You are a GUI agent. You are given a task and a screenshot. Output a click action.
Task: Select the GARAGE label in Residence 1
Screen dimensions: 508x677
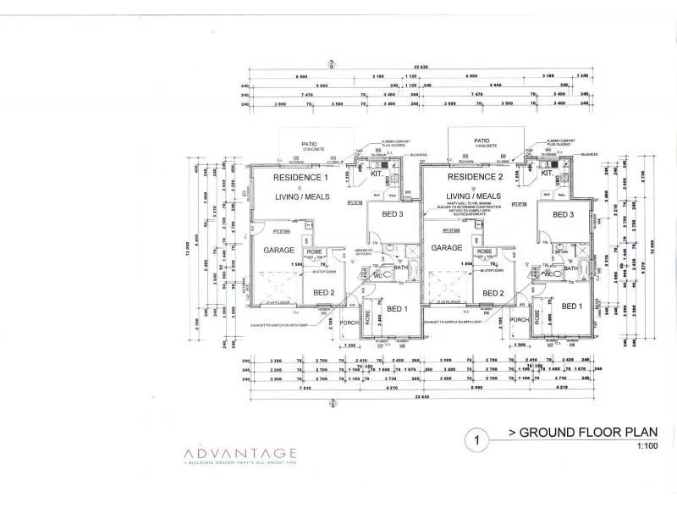tap(278, 251)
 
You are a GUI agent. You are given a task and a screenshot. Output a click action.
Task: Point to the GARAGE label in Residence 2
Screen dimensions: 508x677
tap(447, 247)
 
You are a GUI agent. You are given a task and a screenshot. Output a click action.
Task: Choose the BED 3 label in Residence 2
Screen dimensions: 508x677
tap(563, 214)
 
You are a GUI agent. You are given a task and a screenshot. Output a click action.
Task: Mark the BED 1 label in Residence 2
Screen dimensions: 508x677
tap(573, 306)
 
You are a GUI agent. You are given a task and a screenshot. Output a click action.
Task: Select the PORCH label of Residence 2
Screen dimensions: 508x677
tap(520, 320)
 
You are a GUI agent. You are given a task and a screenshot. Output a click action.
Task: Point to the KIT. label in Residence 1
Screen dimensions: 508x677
tap(377, 174)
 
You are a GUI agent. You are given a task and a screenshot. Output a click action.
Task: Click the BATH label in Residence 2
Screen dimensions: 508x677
tap(571, 268)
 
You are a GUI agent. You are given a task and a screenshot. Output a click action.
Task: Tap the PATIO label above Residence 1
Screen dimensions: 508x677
tap(309, 145)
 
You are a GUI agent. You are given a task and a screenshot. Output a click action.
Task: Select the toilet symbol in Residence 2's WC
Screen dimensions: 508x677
tap(550, 274)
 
